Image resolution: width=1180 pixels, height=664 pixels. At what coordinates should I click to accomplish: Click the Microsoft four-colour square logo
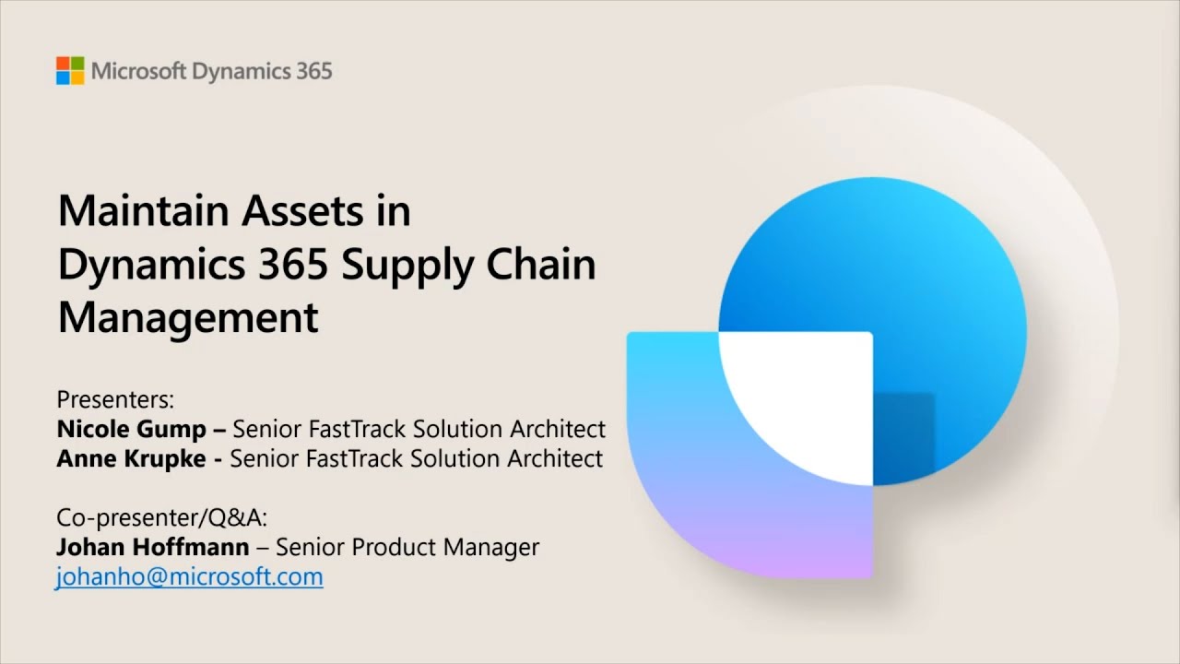(x=70, y=71)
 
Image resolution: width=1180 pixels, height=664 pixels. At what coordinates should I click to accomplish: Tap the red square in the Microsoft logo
(x=63, y=64)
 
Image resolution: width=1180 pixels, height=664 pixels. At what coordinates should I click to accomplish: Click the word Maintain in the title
(x=143, y=210)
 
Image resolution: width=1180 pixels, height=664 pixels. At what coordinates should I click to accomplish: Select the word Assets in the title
(x=302, y=211)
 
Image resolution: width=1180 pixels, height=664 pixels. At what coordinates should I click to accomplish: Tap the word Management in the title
(x=188, y=319)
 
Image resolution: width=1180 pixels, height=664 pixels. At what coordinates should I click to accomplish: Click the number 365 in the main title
(x=293, y=264)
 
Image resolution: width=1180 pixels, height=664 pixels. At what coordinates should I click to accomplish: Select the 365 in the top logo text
(x=314, y=71)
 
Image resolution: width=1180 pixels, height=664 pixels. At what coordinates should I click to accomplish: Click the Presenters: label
(x=115, y=399)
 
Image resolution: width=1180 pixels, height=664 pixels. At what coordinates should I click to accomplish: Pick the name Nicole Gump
(x=131, y=430)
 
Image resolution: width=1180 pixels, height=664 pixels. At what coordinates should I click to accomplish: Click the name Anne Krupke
(x=131, y=459)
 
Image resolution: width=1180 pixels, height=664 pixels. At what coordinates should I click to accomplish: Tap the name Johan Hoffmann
(x=153, y=547)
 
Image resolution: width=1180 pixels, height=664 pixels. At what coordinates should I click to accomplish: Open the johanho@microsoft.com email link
(x=189, y=577)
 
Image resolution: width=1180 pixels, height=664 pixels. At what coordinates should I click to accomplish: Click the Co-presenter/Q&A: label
(x=161, y=517)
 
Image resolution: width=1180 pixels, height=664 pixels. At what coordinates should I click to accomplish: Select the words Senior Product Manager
(x=407, y=547)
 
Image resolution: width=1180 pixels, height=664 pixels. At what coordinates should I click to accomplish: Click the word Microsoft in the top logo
(x=138, y=71)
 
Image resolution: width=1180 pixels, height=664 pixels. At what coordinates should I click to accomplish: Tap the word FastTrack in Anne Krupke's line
(x=354, y=458)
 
